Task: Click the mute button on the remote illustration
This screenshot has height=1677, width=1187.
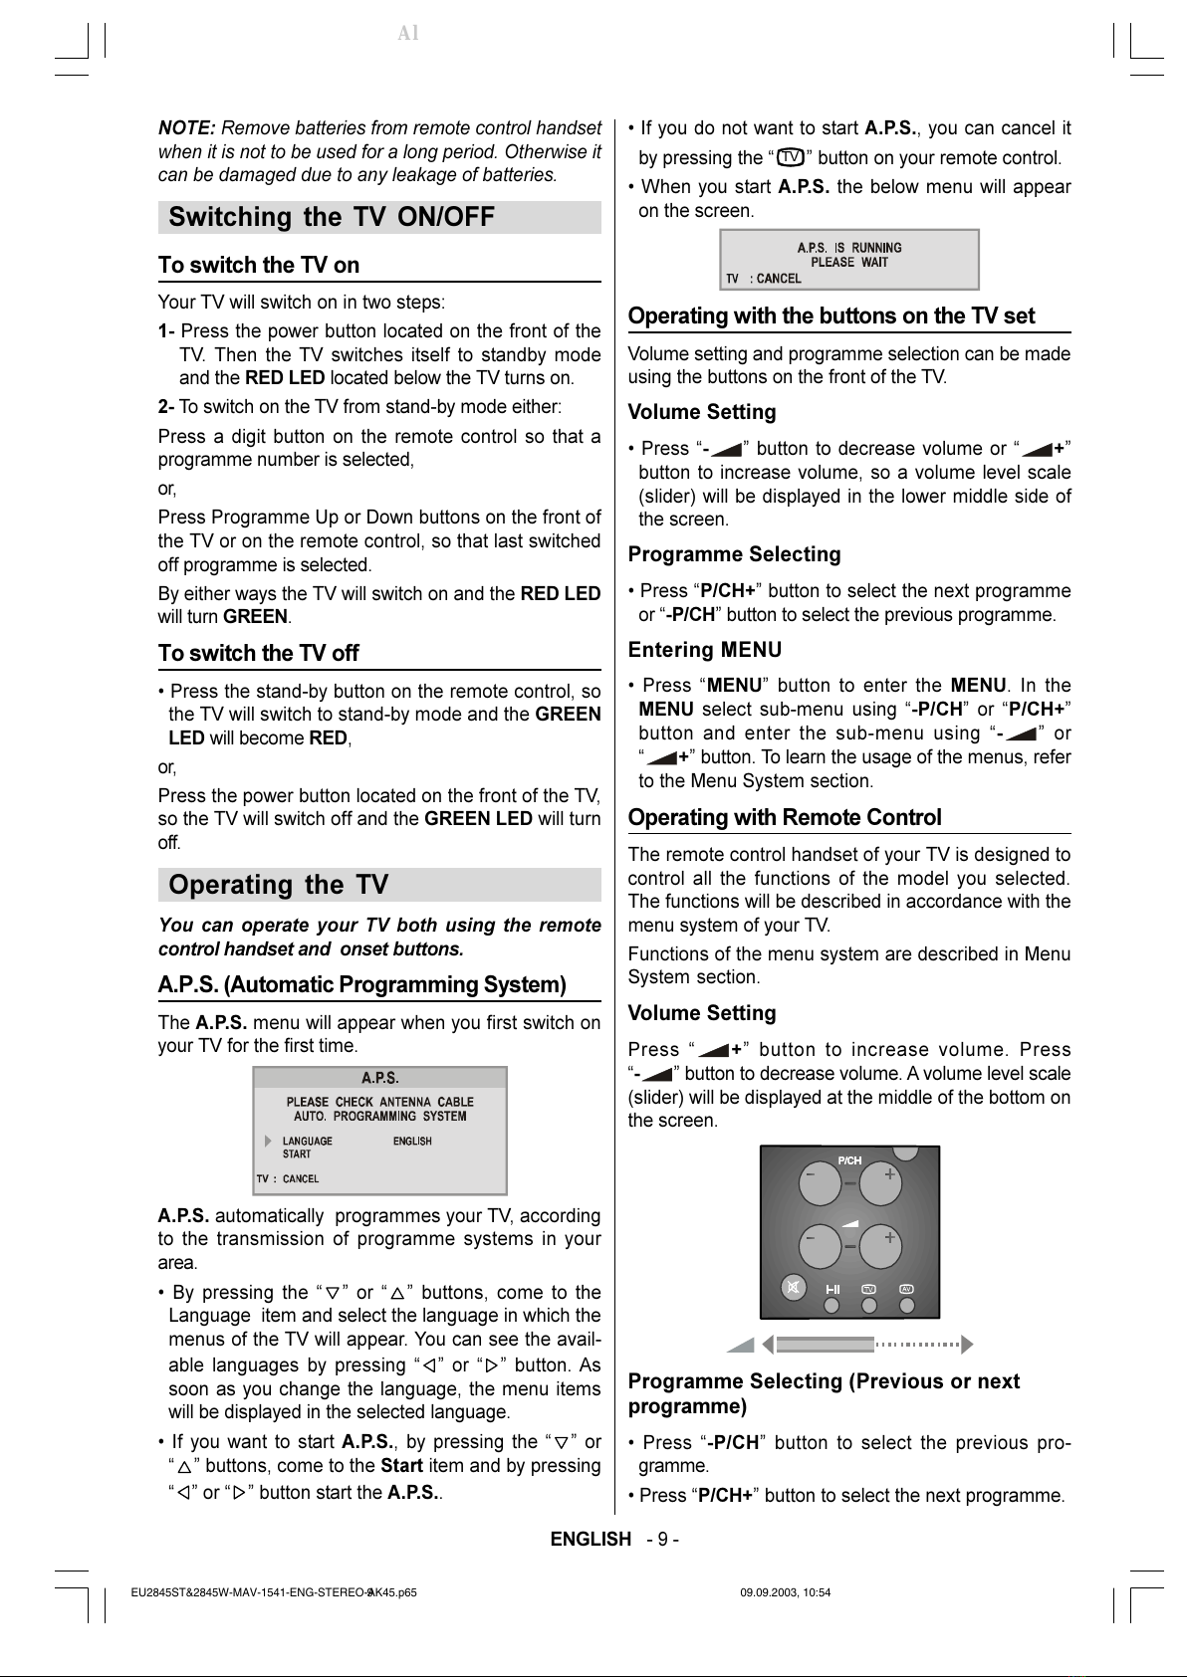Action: pos(793,1288)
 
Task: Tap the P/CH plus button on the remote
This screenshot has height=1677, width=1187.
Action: pos(880,1183)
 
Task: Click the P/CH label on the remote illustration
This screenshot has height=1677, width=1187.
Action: pos(849,1160)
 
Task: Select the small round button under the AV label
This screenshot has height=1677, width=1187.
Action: pos(906,1304)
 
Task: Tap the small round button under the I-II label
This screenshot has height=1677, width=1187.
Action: pos(832,1304)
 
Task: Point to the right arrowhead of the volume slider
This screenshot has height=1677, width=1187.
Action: pos(965,1346)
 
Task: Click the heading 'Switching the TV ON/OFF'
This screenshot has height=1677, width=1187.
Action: pos(332,217)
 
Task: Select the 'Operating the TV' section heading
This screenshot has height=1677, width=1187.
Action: pos(279,885)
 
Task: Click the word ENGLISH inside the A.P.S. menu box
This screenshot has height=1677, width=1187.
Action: pos(412,1142)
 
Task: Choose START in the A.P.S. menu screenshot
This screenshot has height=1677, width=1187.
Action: pos(297,1154)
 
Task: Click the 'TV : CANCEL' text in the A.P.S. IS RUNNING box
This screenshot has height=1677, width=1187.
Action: pos(764,279)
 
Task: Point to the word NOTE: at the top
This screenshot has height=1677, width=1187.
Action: pos(187,128)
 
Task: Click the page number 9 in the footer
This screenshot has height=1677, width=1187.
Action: pos(663,1540)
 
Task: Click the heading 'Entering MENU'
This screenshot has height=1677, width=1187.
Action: pos(705,650)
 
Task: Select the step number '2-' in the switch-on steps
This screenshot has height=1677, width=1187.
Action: pos(166,407)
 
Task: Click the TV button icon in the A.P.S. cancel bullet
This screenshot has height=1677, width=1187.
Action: pos(791,157)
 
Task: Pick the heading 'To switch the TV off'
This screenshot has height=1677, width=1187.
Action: pos(259,654)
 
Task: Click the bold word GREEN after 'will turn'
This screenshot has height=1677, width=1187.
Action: pos(255,617)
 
